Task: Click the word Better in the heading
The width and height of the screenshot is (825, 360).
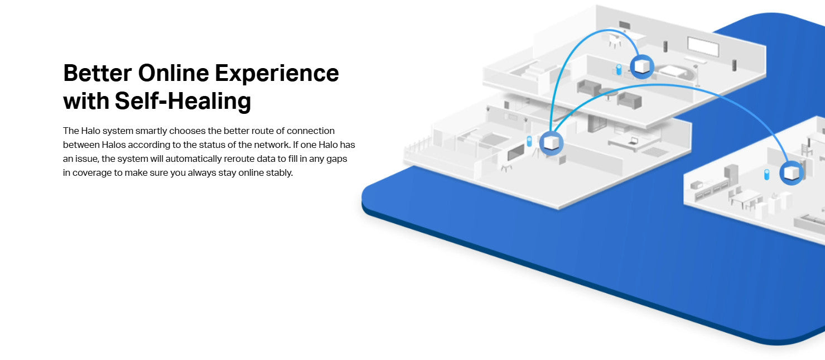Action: [x=98, y=73]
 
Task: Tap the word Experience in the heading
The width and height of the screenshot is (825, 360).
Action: [x=277, y=74]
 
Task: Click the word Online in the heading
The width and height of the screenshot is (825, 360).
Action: [x=173, y=73]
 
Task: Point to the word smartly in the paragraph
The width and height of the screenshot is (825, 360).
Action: [x=151, y=131]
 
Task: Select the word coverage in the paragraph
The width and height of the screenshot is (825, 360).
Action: [x=92, y=173]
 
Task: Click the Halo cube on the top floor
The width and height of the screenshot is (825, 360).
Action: [x=642, y=66]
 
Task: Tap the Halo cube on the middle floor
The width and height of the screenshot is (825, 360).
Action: [x=551, y=142]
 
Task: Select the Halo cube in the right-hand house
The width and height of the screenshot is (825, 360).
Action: [x=792, y=172]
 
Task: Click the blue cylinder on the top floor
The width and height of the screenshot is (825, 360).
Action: [x=619, y=69]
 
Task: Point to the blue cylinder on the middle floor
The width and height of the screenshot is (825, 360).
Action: [x=529, y=141]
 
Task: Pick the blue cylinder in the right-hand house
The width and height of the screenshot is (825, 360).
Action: [x=767, y=174]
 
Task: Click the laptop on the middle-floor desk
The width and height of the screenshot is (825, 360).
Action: [x=633, y=141]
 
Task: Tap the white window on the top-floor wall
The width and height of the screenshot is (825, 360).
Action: [x=703, y=46]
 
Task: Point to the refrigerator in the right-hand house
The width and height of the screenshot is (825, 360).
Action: [x=731, y=175]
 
